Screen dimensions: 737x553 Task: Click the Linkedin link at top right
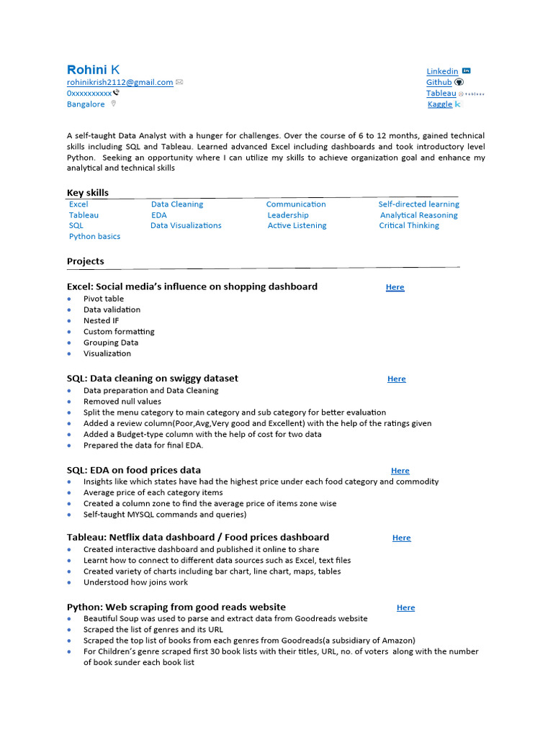(x=442, y=71)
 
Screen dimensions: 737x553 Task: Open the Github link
(x=439, y=82)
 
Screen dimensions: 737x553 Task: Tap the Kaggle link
(x=440, y=104)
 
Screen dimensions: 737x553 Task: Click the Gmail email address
(x=120, y=82)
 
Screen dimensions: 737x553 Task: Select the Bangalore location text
(x=86, y=104)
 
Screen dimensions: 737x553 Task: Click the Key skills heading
(x=88, y=192)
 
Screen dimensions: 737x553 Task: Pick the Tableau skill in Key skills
(x=84, y=215)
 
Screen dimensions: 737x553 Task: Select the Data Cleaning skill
(x=177, y=204)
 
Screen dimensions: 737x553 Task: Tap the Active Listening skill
(x=297, y=226)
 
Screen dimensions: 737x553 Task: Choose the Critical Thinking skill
(x=409, y=226)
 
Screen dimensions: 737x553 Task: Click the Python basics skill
(x=94, y=237)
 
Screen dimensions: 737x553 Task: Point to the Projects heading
(x=85, y=261)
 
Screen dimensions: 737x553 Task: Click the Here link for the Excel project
(x=395, y=287)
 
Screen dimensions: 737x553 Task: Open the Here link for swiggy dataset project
(x=396, y=379)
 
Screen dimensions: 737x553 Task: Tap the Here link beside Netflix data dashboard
(x=401, y=538)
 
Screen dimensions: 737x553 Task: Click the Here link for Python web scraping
(x=405, y=607)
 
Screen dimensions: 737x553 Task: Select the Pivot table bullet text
(x=104, y=299)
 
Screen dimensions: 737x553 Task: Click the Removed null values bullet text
(x=122, y=402)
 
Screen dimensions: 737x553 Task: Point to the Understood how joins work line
(x=135, y=582)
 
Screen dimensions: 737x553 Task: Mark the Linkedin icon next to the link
(x=467, y=71)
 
